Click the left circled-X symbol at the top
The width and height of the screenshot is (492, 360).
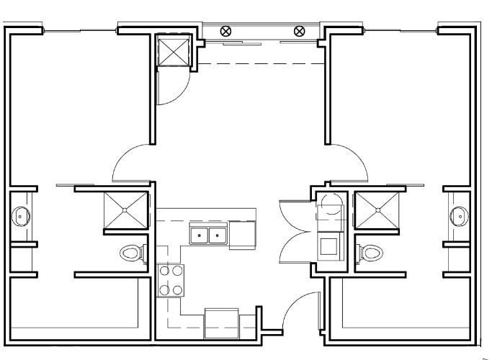226,31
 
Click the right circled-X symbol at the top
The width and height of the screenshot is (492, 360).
300,31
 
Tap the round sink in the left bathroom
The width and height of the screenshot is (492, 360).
21,215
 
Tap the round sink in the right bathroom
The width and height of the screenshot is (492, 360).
457,215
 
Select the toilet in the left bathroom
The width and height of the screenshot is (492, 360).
130,253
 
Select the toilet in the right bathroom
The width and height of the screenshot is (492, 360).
371,253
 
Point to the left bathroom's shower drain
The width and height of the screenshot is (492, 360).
126,210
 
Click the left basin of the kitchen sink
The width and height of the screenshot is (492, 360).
199,235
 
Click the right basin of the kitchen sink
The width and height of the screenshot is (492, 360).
217,235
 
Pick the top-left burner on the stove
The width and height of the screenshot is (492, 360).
164,271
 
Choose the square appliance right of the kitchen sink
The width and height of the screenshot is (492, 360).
243,235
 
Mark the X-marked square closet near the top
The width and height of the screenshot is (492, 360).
173,52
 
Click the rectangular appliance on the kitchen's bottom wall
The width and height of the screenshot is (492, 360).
221,322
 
